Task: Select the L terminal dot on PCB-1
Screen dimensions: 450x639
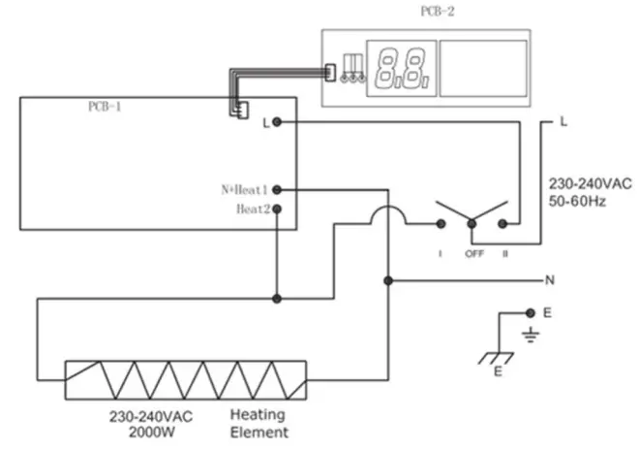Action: (278, 122)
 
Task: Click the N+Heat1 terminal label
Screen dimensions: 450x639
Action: (244, 190)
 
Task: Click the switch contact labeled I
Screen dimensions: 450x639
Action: (441, 224)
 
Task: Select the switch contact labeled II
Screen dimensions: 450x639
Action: (502, 224)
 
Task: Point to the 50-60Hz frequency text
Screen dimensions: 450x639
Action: (579, 202)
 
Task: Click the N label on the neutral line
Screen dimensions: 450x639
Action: (550, 280)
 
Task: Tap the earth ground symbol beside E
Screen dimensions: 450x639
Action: (530, 336)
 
